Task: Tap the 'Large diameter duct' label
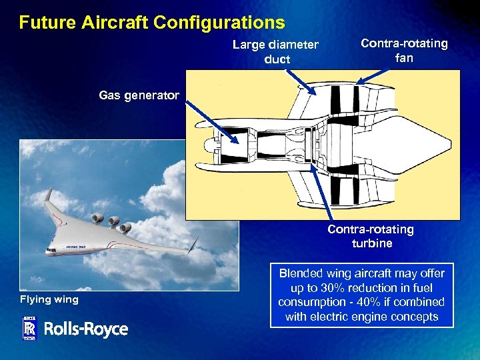275,52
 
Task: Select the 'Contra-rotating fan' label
404,51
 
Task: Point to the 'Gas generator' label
139,95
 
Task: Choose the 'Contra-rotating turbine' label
371,236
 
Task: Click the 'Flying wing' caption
49,299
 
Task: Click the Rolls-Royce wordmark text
86,329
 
